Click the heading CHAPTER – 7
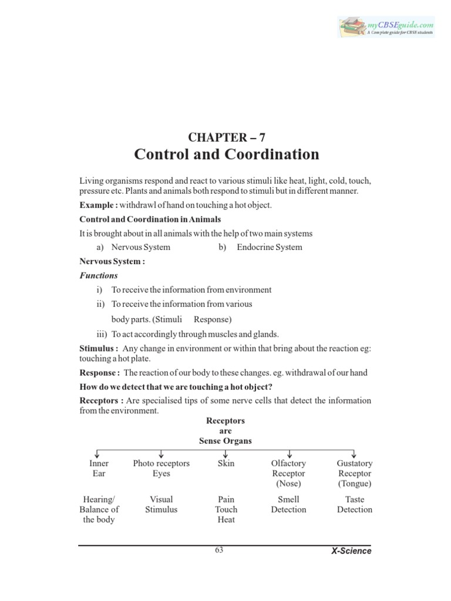point(227,137)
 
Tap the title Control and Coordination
point(227,154)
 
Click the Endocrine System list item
point(269,247)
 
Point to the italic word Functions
point(99,275)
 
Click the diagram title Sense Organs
point(225,441)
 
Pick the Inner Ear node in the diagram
point(98,468)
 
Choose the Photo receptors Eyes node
point(161,468)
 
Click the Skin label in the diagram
point(226,464)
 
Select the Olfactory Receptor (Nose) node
point(288,474)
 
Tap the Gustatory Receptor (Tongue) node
point(355,474)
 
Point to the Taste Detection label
point(355,504)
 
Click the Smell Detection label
point(288,504)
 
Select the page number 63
point(219,550)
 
